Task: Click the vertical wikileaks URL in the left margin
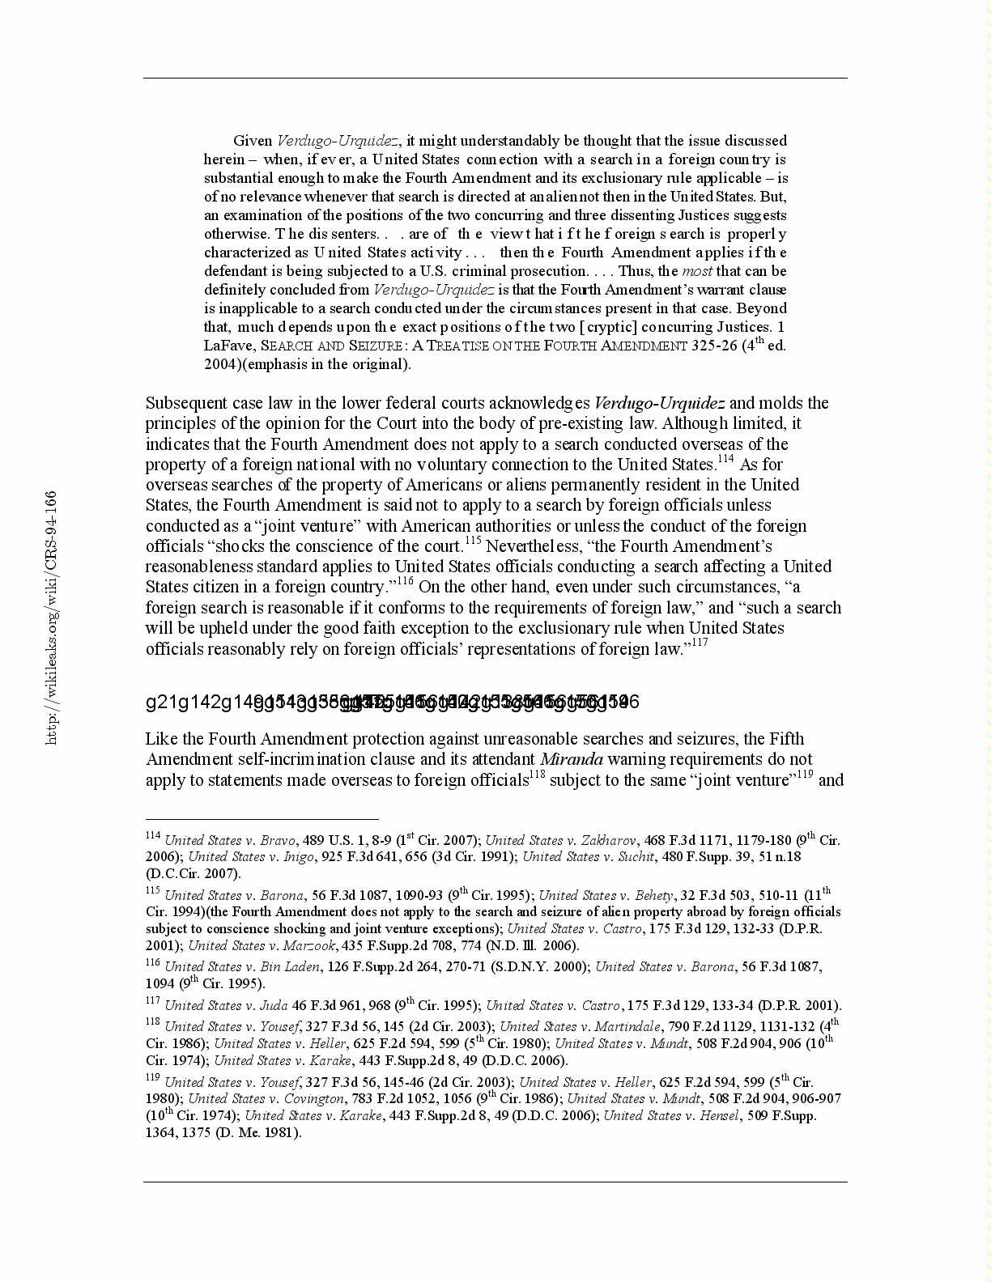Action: [51, 617]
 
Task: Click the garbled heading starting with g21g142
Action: [392, 702]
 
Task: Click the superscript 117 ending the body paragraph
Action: [699, 643]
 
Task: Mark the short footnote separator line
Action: [262, 819]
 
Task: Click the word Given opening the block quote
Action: [253, 141]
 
